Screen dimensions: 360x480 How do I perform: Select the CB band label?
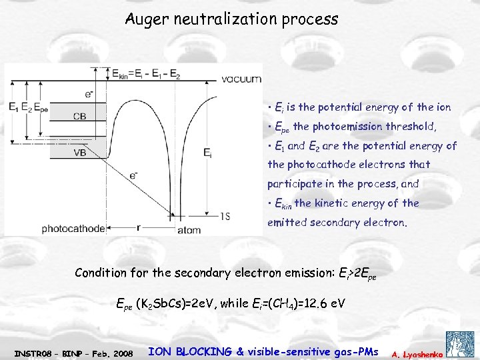point(79,116)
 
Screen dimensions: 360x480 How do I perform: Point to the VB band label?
point(79,151)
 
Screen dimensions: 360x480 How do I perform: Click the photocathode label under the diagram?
point(73,229)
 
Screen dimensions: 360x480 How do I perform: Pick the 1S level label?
point(227,215)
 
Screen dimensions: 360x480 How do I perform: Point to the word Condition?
point(101,273)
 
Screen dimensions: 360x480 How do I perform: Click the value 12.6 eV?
point(323,303)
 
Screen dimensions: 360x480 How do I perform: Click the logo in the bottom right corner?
point(461,343)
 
